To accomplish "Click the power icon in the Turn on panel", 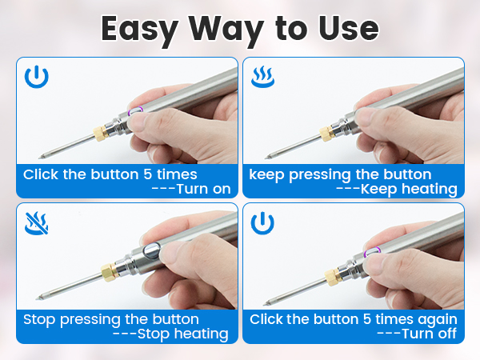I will click(x=36, y=78).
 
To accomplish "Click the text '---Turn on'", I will click(x=191, y=189).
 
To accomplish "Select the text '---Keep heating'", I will click(x=397, y=189).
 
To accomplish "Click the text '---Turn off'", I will click(x=416, y=334).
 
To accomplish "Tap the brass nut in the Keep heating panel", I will click(x=325, y=133).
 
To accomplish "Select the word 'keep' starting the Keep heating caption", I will click(x=266, y=174).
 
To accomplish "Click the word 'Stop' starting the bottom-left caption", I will click(x=40, y=319).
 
